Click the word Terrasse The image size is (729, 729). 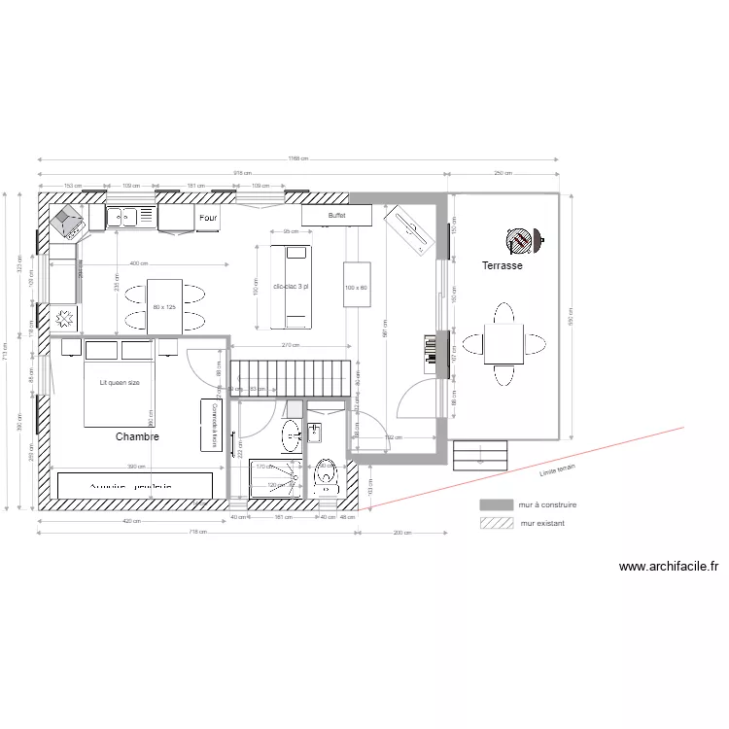pos(503,265)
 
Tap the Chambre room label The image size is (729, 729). pos(137,437)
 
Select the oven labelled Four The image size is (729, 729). pos(208,219)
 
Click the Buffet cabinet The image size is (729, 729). pos(336,215)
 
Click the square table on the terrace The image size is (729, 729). pos(503,343)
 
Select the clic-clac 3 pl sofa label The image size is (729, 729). pos(293,287)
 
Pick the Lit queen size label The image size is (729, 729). pos(120,383)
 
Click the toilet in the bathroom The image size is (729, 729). pos(327,475)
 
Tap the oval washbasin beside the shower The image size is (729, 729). pos(292,436)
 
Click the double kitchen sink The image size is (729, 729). pos(131,217)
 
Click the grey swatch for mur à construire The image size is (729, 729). pos(496,505)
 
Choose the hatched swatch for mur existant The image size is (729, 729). pos(496,523)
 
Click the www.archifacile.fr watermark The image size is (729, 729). pos(668,567)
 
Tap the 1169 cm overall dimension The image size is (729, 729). pos(297,159)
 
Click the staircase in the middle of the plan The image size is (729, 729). pos(294,376)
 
